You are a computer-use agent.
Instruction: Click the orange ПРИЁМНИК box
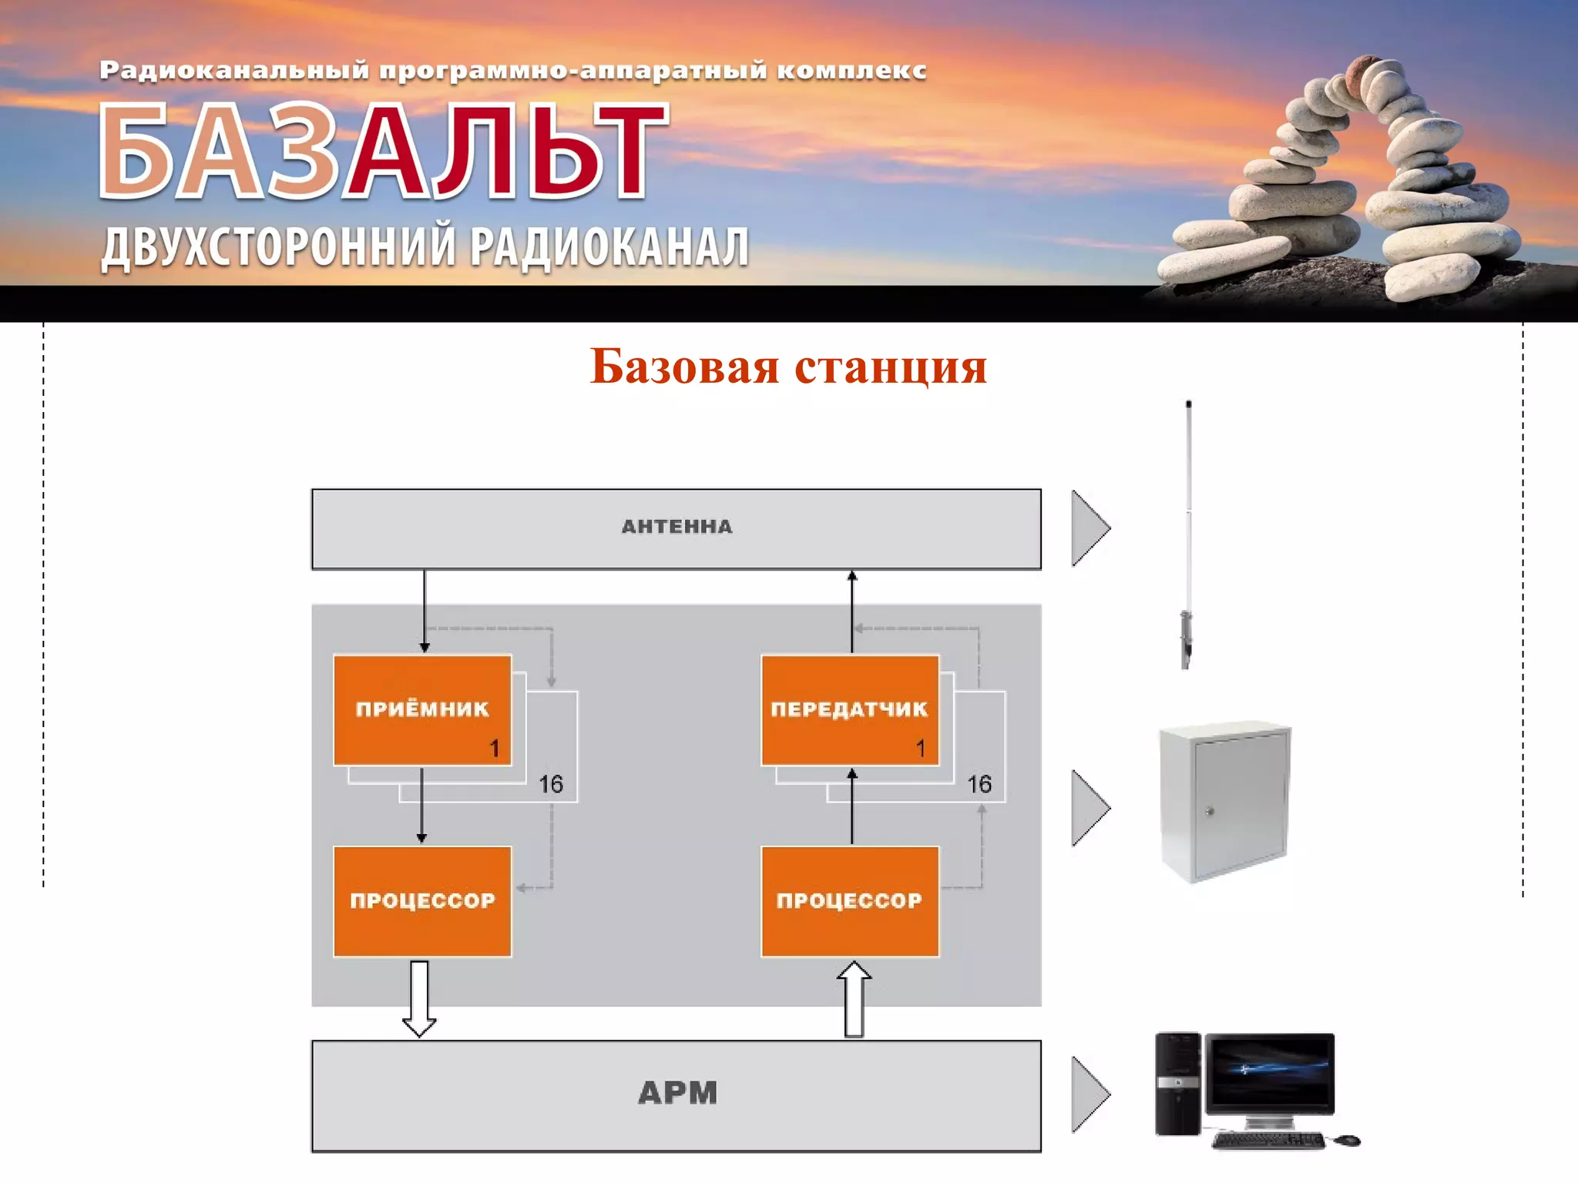point(422,709)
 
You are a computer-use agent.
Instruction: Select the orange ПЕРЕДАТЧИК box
point(849,709)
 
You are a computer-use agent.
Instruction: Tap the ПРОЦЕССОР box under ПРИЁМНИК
point(422,900)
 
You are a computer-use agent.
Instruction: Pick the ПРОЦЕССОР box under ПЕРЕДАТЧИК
point(849,900)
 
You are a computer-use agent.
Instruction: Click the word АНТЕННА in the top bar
point(677,527)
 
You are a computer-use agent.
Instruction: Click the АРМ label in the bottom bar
point(677,1093)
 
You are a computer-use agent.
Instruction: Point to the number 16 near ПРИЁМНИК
point(551,784)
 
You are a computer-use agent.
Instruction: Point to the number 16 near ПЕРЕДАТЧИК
point(979,784)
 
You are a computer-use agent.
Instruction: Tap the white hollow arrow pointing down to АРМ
point(419,998)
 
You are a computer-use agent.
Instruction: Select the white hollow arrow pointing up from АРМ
point(854,999)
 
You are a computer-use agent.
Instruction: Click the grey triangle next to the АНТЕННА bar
point(1088,528)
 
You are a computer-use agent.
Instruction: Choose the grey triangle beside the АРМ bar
point(1088,1094)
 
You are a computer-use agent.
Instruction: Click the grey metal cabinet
point(1225,801)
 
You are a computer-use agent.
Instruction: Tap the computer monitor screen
point(1270,1070)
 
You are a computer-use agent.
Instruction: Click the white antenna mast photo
point(1188,531)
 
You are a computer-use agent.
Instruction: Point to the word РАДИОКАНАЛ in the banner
point(609,247)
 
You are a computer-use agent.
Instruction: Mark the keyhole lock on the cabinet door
point(1210,811)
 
